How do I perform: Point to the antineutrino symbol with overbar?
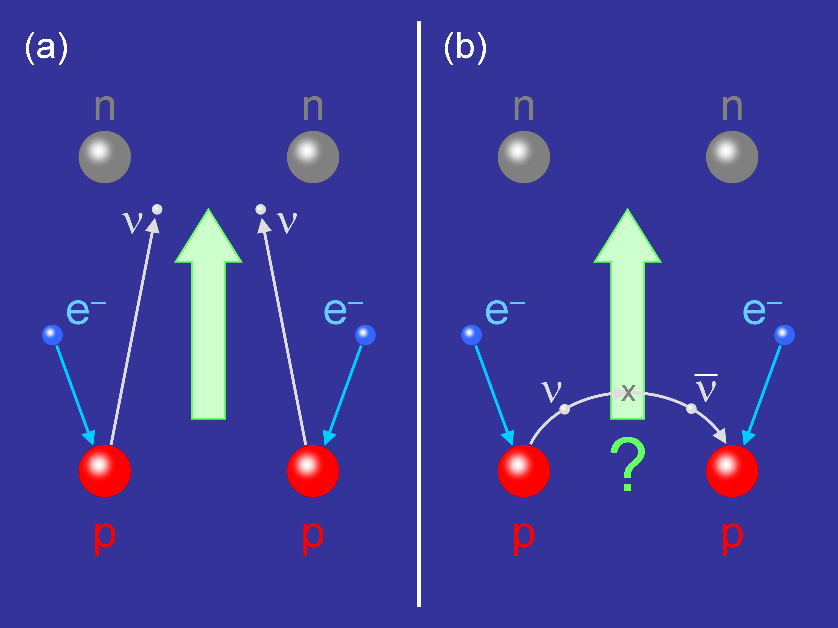tap(706, 388)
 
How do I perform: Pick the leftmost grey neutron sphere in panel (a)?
tap(104, 157)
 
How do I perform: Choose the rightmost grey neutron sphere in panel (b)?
tap(732, 157)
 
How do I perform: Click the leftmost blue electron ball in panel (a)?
tap(52, 335)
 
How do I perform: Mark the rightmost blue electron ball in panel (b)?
tap(784, 335)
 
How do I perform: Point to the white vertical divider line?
tap(419, 314)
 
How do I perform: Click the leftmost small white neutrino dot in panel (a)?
tap(157, 209)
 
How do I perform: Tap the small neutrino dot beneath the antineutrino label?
tap(691, 409)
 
